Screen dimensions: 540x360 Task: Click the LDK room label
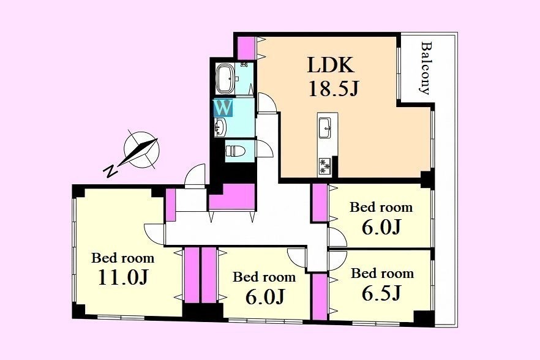330,64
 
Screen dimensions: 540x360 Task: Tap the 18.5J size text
333,88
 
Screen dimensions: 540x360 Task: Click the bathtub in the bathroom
225,78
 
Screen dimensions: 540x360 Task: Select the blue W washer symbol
223,108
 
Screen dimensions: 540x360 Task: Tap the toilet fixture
235,151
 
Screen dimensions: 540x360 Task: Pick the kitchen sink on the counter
324,127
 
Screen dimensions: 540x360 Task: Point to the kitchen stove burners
324,165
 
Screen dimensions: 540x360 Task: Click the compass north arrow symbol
141,150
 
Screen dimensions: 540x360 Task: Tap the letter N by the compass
111,171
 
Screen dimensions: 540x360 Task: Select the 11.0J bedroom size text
123,277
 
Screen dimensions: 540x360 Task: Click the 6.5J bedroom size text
381,293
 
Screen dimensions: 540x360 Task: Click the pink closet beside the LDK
247,47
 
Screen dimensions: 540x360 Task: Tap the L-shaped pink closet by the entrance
232,197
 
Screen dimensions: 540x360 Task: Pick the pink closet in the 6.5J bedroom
320,296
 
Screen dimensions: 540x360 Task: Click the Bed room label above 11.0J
122,258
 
